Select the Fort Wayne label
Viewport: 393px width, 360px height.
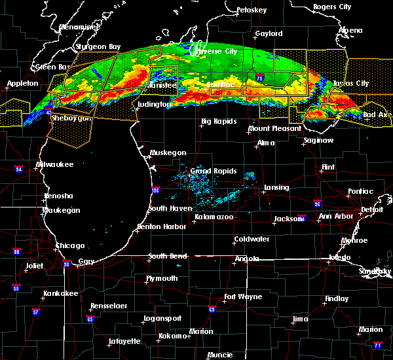pos(242,297)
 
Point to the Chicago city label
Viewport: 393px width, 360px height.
pos(70,246)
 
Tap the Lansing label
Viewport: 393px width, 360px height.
pos(276,188)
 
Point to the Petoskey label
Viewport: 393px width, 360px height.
pos(252,10)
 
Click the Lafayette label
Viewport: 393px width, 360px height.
pos(124,341)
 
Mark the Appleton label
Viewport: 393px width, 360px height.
pos(22,84)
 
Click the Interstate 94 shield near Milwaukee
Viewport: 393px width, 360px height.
pos(19,170)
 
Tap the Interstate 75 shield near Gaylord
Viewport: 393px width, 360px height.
pos(261,77)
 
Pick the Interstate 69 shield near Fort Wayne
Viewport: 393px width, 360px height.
pos(212,309)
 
